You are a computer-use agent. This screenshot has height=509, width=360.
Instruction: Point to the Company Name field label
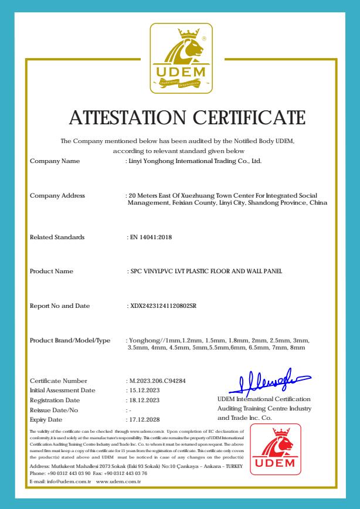coord(55,161)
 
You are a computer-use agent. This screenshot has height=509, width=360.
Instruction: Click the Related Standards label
coord(57,237)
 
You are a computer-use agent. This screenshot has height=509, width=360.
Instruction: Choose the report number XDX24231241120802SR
coord(163,306)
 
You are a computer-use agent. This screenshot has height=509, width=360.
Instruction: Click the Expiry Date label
coord(46,420)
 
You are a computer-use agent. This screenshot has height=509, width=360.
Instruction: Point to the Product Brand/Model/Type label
coord(70,341)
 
